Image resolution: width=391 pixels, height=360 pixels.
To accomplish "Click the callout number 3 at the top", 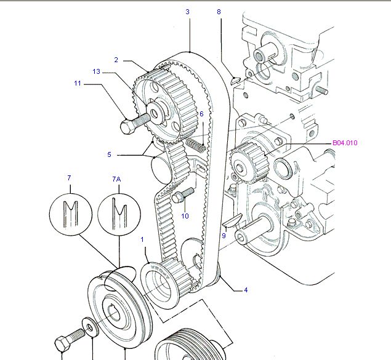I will (x=188, y=12).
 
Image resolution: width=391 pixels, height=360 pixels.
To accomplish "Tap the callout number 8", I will (x=219, y=12).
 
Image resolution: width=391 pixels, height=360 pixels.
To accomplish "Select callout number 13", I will (x=96, y=72).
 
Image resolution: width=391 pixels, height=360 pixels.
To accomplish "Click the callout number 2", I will (x=116, y=60).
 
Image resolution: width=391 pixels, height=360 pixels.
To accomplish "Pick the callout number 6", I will (x=201, y=114).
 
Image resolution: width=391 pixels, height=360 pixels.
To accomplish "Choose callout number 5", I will (x=109, y=154).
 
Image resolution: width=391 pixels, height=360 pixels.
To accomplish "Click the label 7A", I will (x=116, y=179).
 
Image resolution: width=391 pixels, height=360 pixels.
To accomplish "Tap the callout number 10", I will (x=185, y=216).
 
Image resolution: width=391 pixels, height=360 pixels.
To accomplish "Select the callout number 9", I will (x=225, y=235).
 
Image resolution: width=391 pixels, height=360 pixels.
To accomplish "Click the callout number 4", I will (x=245, y=290).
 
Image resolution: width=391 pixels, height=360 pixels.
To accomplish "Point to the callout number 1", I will (x=142, y=239).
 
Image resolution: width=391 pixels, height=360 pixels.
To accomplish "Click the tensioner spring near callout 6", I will (x=195, y=145).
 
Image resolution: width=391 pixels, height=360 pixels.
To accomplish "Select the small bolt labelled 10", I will (x=179, y=198).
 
